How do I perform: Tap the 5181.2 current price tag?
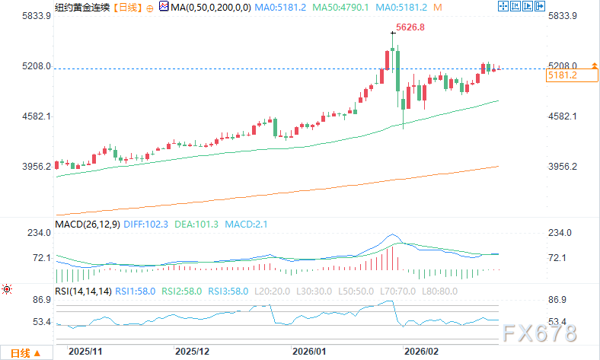point(563,75)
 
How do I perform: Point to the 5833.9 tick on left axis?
point(16,16)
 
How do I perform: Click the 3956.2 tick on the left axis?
point(16,166)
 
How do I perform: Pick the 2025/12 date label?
point(192,352)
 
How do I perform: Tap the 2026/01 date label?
point(309,352)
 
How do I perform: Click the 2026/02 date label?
point(420,352)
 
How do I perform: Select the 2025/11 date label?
point(85,352)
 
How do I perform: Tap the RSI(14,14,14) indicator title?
point(83,291)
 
